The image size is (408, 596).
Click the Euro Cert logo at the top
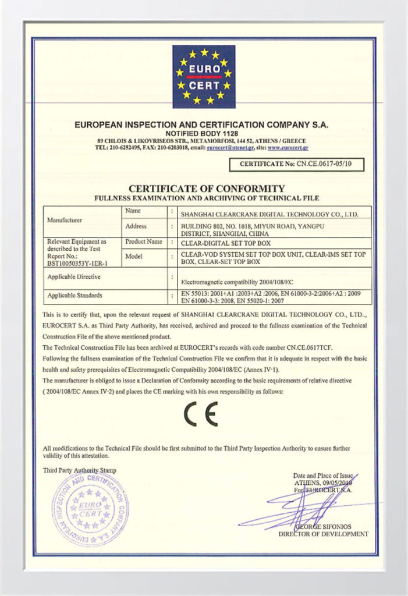click(204, 76)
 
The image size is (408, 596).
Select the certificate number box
click(297, 165)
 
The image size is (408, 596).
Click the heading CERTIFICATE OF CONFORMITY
click(207, 189)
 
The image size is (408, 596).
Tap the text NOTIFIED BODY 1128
click(202, 133)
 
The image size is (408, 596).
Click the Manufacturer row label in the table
click(65, 221)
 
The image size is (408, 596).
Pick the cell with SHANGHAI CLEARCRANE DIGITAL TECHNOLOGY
click(269, 214)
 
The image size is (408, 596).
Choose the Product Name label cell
click(143, 241)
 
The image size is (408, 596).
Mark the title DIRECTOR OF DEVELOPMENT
click(323, 534)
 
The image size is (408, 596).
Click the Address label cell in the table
click(136, 226)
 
